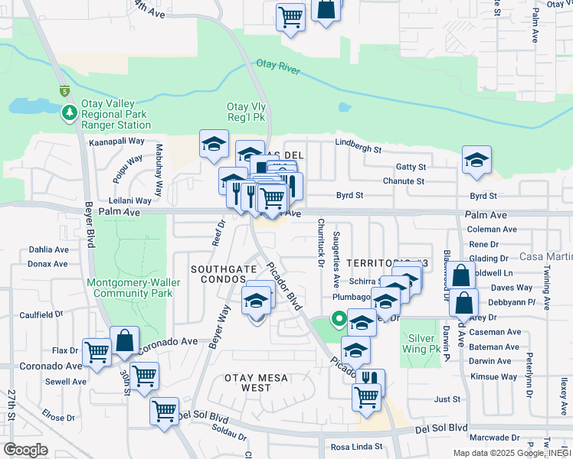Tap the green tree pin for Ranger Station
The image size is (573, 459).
click(x=70, y=113)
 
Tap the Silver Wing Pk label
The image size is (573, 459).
click(x=424, y=343)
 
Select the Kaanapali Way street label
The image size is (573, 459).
click(x=116, y=142)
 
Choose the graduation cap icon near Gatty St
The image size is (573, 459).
click(x=476, y=160)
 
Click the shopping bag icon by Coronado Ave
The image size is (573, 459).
click(x=124, y=340)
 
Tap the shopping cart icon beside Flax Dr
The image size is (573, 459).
click(x=97, y=353)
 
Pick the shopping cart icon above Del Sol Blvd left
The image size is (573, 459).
click(x=164, y=410)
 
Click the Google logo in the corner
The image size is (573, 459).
click(x=25, y=450)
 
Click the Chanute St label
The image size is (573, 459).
click(x=404, y=181)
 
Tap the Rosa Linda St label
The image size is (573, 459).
click(x=355, y=447)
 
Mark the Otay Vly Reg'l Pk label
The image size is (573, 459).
click(x=245, y=112)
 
